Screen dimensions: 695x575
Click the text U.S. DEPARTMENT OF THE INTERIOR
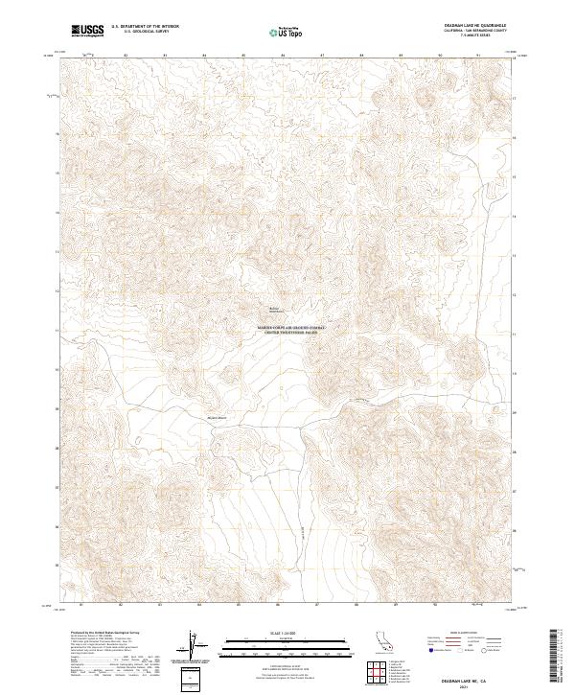coord(146,28)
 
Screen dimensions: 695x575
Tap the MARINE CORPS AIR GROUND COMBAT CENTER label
coord(292,329)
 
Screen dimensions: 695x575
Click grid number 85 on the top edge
coord(243,55)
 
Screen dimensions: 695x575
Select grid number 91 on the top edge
coord(478,55)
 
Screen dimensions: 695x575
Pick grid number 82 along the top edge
coord(126,55)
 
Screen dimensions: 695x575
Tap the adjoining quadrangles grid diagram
coord(373,672)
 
